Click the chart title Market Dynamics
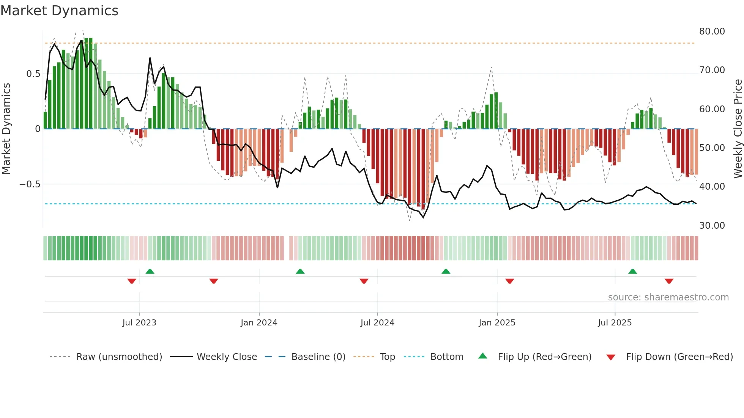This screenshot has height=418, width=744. click(x=60, y=11)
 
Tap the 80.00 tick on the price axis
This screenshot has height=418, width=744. click(x=712, y=31)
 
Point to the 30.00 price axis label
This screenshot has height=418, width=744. click(x=712, y=226)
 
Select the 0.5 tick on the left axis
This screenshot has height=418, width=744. click(x=33, y=74)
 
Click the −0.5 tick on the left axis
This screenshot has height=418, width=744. click(x=30, y=184)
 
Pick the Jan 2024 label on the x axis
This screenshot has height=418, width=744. click(x=259, y=323)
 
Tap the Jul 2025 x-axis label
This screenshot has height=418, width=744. click(x=615, y=323)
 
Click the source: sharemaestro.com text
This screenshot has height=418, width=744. click(x=668, y=297)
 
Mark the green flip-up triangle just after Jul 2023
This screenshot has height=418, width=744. click(x=150, y=272)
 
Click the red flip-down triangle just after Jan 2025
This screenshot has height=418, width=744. click(x=509, y=281)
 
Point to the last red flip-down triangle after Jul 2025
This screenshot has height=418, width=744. click(x=669, y=281)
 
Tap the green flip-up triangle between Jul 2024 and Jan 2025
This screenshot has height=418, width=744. click(x=446, y=272)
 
